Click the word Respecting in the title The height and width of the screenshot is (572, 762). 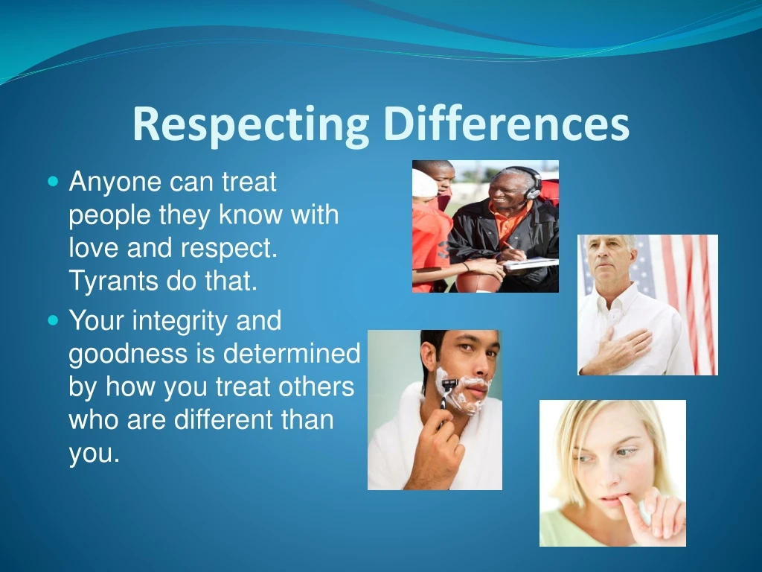point(250,125)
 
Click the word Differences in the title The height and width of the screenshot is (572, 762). point(507,124)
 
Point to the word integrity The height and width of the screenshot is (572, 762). point(180,322)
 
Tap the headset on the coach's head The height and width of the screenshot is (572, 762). point(531,183)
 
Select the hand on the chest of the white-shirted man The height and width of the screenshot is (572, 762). point(625,343)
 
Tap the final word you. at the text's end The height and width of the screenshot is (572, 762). point(94,454)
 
